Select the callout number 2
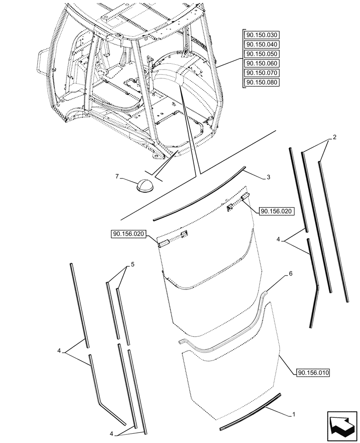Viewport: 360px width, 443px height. tap(334, 137)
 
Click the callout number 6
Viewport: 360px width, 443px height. tap(290, 274)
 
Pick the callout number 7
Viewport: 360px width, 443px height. tap(117, 177)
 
